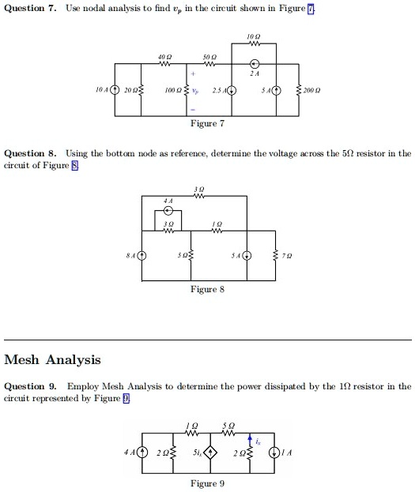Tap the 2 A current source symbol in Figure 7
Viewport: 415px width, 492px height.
[255, 64]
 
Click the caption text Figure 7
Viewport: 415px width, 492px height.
[209, 124]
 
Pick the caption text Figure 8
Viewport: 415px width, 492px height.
[209, 290]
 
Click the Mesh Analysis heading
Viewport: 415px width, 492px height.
[53, 360]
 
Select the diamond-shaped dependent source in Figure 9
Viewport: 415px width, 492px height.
[210, 453]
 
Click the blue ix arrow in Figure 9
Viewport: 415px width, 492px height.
[251, 439]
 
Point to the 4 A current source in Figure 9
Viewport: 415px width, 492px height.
[143, 453]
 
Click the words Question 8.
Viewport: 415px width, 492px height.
[30, 152]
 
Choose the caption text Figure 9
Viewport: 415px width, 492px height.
[209, 483]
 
